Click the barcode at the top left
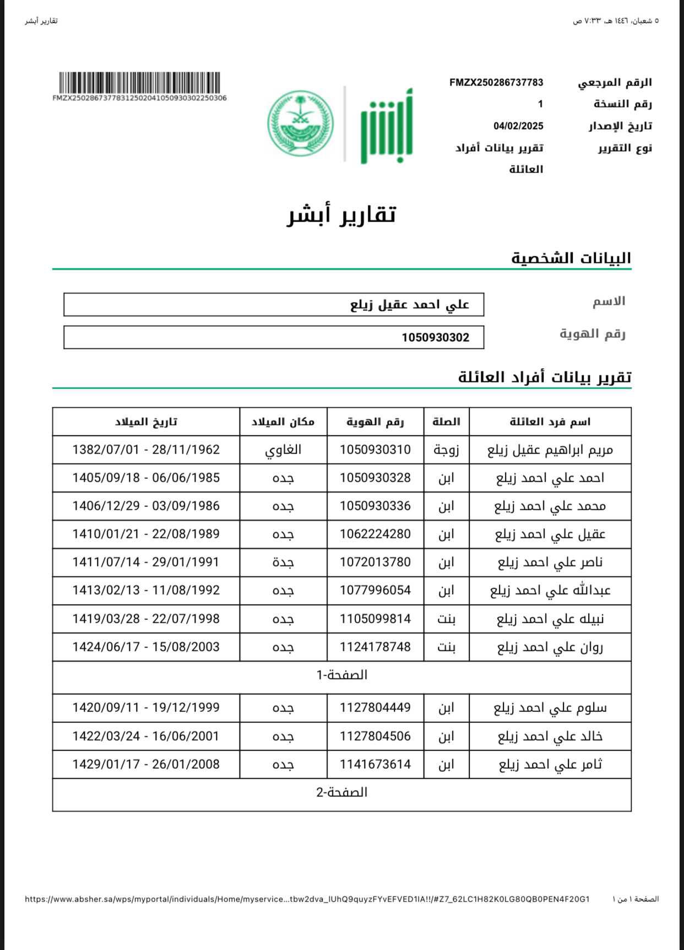coord(139,83)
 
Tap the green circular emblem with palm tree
coord(300,123)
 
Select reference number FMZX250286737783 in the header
coord(496,83)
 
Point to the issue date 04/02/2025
coord(518,126)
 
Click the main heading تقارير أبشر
coord(341,214)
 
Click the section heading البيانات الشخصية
coord(571,258)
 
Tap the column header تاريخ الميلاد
coord(146,422)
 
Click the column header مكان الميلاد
coord(283,422)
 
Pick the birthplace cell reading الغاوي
coord(283,450)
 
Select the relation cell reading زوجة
coord(446,450)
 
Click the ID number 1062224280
coord(375,534)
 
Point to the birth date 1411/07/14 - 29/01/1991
coord(146,562)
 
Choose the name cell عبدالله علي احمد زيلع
coord(550,590)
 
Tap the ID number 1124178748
coord(375,647)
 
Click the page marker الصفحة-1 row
coord(341,675)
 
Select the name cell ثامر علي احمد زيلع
coord(550,764)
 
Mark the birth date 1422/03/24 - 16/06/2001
coord(146,736)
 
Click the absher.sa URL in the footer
coord(307,899)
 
